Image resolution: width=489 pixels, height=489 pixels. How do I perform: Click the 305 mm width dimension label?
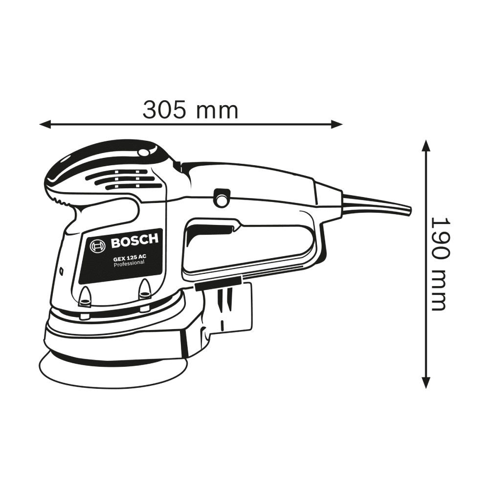coord(190,110)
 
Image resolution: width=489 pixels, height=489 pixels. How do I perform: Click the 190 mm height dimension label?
coord(441,264)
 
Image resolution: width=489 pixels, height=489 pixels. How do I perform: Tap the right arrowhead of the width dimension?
coord(337,124)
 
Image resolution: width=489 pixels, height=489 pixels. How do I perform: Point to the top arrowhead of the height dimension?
coord(426,145)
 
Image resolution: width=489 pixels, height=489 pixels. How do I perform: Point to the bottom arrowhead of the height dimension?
coord(426,382)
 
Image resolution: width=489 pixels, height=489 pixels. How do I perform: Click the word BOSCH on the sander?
coord(134,241)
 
